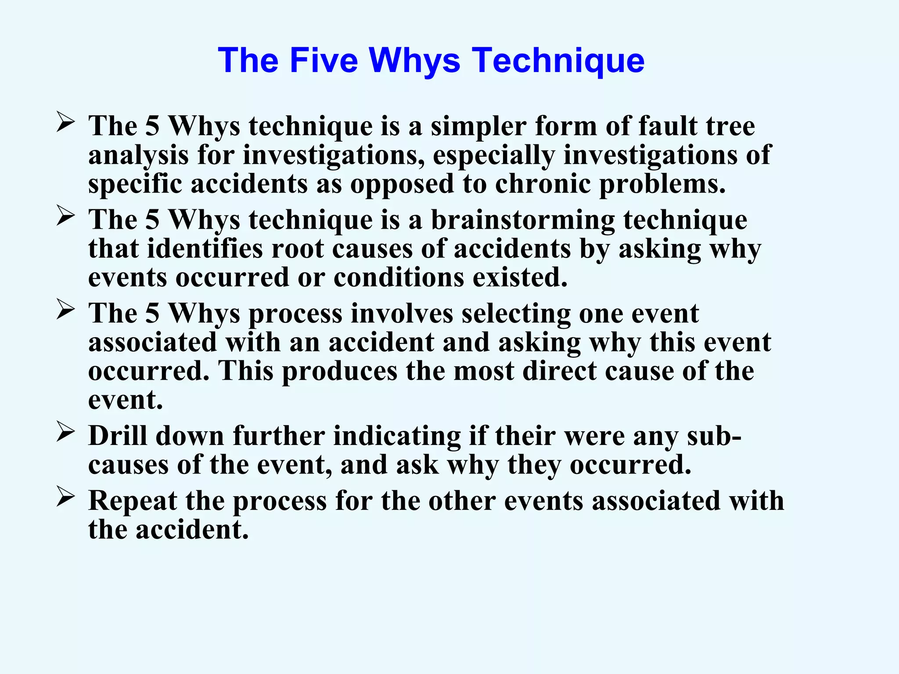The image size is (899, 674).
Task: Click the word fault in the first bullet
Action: (667, 126)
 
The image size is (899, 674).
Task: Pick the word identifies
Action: (205, 249)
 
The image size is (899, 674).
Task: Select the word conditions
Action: (399, 277)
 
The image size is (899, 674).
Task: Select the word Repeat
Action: (133, 501)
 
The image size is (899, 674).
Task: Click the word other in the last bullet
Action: (462, 501)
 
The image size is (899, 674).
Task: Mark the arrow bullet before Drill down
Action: (65, 432)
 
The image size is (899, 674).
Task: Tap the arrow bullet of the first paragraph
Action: (65, 122)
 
